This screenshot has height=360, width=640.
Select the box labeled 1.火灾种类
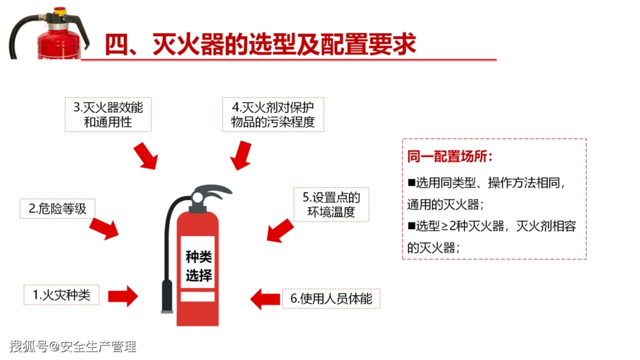[61, 294]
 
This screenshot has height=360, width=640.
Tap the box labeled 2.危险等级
[58, 209]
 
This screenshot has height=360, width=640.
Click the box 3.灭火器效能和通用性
[108, 114]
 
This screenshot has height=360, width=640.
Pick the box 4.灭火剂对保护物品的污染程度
[273, 114]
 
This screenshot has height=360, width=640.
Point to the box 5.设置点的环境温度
[331, 204]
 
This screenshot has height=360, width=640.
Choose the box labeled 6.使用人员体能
[331, 298]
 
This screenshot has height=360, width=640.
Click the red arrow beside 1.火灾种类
[122, 295]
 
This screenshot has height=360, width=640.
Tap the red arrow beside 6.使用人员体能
[264, 298]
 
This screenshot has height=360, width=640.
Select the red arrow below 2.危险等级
[104, 228]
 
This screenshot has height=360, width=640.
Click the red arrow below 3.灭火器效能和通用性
[145, 155]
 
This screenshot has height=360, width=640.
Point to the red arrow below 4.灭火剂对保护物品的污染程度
[241, 154]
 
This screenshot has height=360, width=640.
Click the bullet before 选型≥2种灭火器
[412, 226]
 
